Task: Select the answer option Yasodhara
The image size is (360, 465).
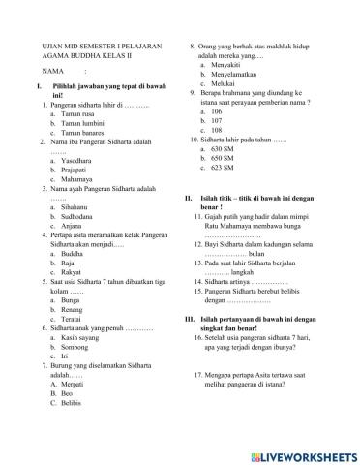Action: click(x=79, y=162)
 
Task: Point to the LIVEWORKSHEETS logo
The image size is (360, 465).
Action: click(x=307, y=453)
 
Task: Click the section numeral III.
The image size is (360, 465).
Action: click(x=190, y=319)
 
